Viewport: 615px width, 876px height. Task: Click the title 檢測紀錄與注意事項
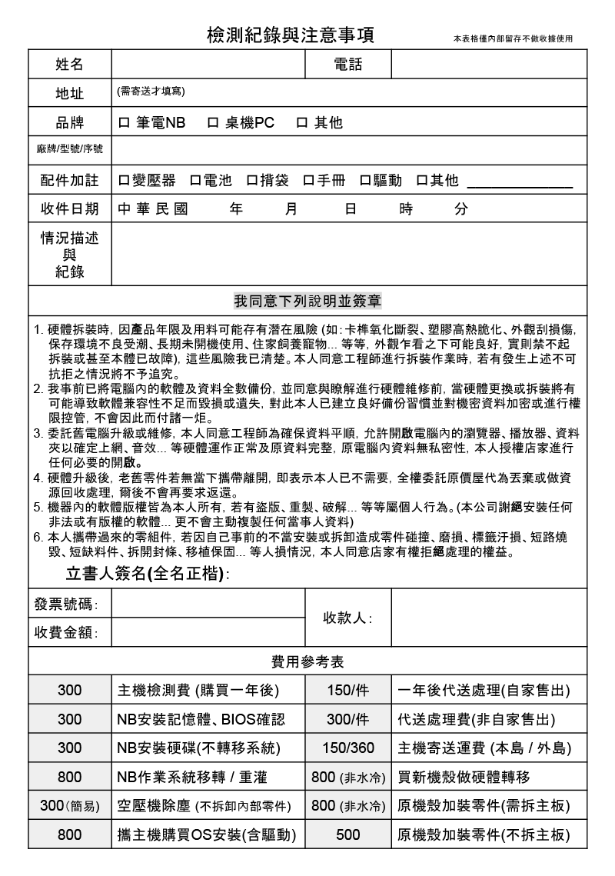pos(291,35)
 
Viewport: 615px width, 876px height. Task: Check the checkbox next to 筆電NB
pos(125,123)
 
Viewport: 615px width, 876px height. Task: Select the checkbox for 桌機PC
pos(213,123)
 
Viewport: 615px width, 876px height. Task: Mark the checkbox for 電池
pos(188,182)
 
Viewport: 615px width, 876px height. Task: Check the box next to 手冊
pos(307,182)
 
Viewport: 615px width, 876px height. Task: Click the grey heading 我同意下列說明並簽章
pos(308,299)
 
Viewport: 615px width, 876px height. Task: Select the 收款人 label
pos(347,618)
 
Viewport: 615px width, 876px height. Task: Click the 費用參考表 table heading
pos(307,661)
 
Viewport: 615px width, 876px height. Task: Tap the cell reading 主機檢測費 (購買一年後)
pos(198,691)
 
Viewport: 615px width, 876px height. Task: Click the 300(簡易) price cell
pos(69,806)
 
